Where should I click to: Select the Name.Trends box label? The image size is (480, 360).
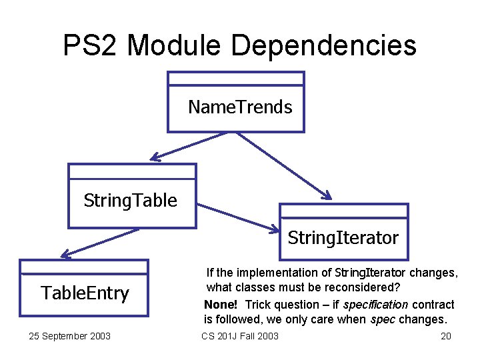240,107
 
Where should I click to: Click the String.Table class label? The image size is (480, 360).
131,200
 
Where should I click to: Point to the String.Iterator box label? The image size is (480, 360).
343,237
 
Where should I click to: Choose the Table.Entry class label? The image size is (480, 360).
85,293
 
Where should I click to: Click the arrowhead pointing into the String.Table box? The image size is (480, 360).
155,158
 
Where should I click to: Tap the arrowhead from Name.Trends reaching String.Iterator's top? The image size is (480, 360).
325,195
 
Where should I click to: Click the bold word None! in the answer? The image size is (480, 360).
221,305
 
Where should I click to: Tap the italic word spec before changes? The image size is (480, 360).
384,319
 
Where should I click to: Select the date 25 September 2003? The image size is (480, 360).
70,336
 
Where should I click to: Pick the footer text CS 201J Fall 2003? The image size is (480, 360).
240,336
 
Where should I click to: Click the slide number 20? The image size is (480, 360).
446,336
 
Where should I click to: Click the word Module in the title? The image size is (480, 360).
174,45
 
